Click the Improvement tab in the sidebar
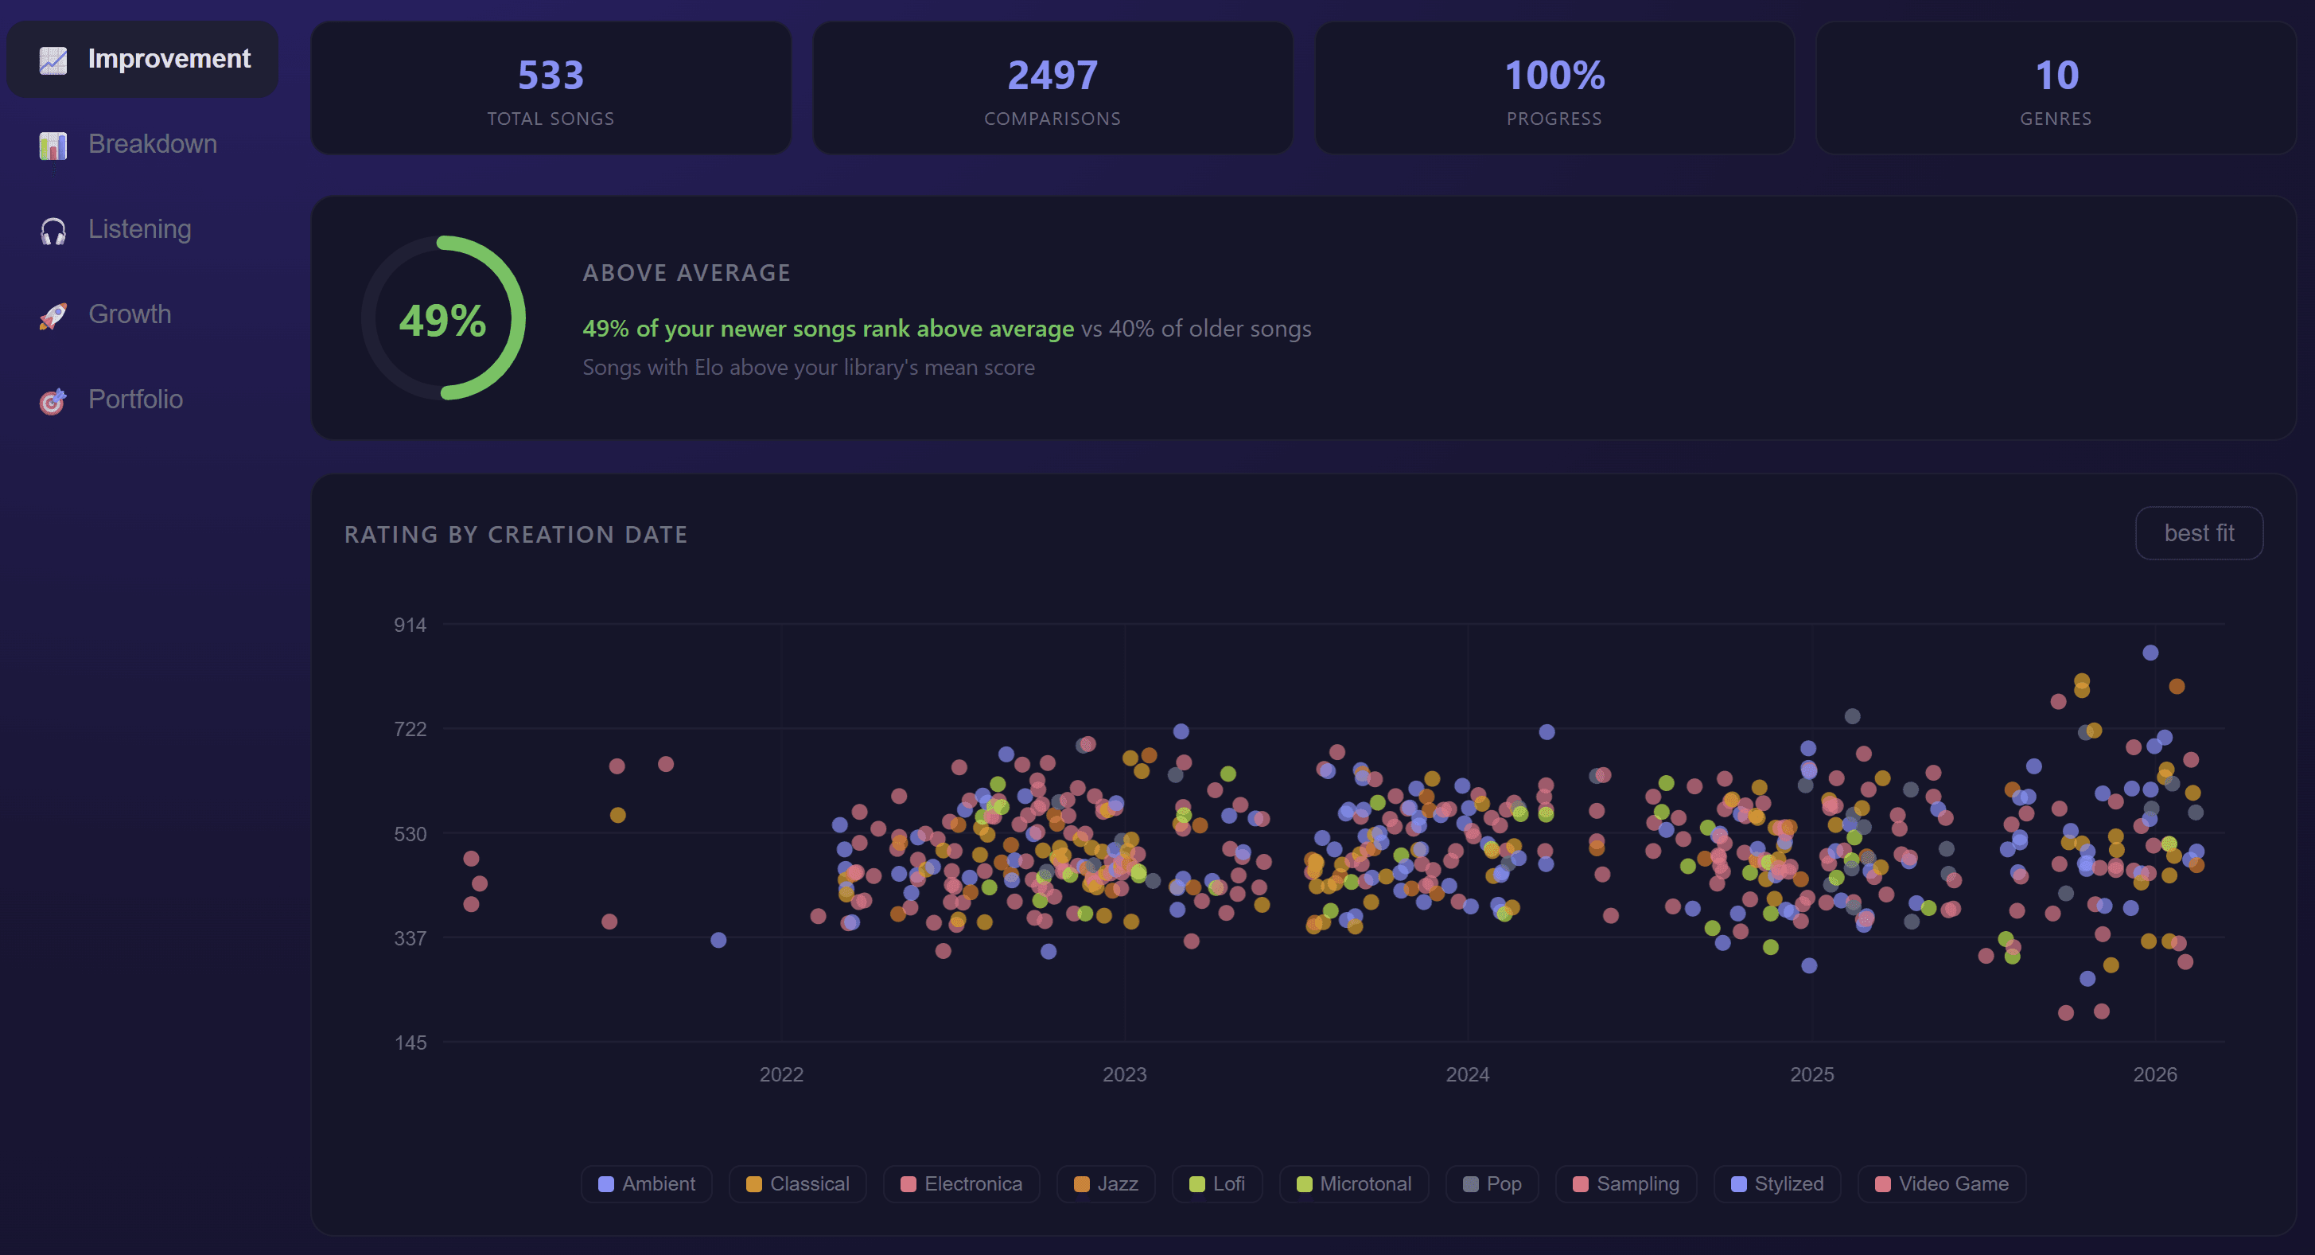pyautogui.click(x=144, y=60)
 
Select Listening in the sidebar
pyautogui.click(x=139, y=229)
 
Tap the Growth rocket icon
pyautogui.click(x=53, y=316)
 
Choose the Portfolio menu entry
pyautogui.click(x=134, y=399)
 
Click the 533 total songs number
pyautogui.click(x=550, y=76)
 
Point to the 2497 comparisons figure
pyautogui.click(x=1052, y=76)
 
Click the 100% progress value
pyautogui.click(x=1554, y=76)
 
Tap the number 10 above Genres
pyautogui.click(x=2056, y=76)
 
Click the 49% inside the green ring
pyautogui.click(x=442, y=320)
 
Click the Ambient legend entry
pyautogui.click(x=647, y=1184)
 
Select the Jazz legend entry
pyautogui.click(x=1107, y=1184)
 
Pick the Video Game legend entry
pyautogui.click(x=1942, y=1184)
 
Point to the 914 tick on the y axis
pyautogui.click(x=410, y=625)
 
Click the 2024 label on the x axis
pyautogui.click(x=1468, y=1074)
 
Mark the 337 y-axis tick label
pyautogui.click(x=410, y=938)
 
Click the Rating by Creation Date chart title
pyautogui.click(x=516, y=535)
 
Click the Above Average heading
pyautogui.click(x=687, y=273)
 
